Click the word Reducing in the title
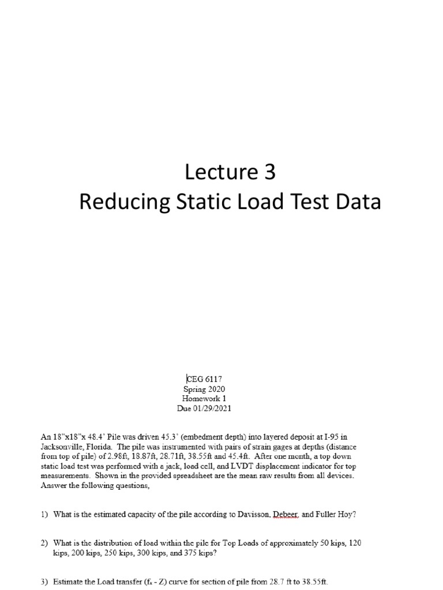(117, 202)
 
